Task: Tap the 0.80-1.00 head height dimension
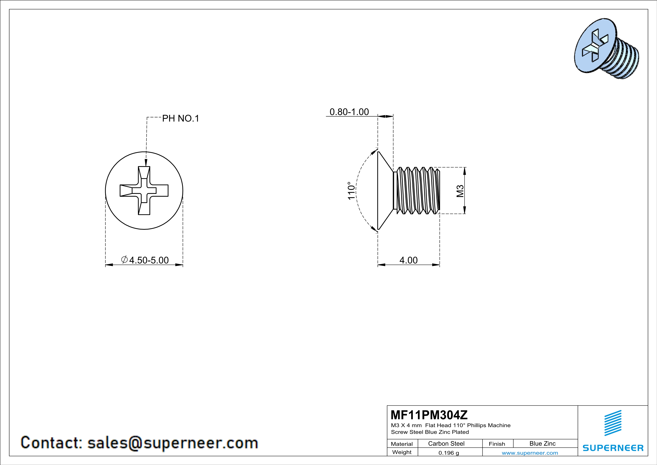point(349,112)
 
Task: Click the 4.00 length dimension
point(408,260)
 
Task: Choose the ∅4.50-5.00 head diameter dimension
point(145,260)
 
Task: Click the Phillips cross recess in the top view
point(144,190)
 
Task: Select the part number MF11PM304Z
point(429,415)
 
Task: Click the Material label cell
point(402,444)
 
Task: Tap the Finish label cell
point(497,444)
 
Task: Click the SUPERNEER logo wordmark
point(613,448)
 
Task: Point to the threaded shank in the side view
point(418,191)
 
